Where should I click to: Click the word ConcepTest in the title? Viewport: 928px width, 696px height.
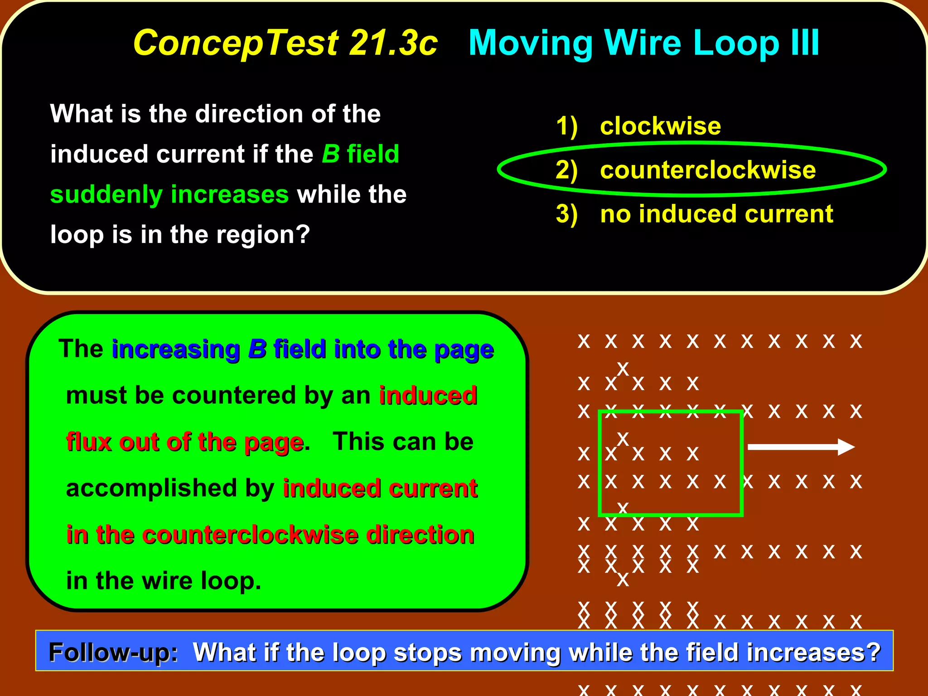236,43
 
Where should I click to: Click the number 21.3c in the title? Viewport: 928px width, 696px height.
393,43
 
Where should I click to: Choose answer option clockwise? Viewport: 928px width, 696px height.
660,126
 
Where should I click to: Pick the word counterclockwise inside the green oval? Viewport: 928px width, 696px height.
707,170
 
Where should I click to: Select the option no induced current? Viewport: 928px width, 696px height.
716,214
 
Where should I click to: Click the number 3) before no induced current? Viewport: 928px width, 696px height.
566,214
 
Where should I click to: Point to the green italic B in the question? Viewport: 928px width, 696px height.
330,154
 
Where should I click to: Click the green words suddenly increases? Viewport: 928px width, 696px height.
169,194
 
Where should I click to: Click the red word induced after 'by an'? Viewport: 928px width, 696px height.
428,395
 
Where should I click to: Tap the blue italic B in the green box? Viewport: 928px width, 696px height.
257,349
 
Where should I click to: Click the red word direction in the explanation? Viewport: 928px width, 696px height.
420,535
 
